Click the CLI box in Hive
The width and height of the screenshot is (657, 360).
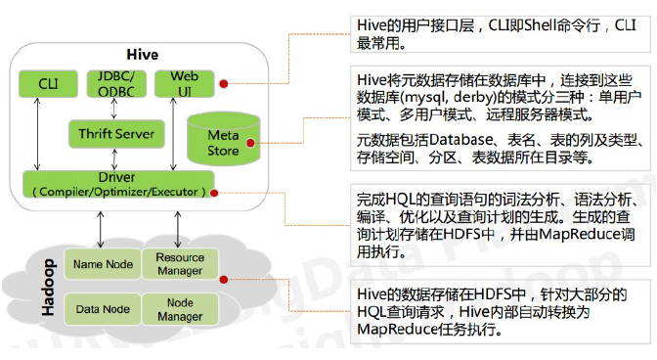point(48,84)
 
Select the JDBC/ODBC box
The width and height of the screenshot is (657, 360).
point(114,83)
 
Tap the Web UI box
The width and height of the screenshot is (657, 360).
point(184,83)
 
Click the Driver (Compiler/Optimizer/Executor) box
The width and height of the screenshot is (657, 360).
point(117,185)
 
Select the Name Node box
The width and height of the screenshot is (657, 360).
point(103,263)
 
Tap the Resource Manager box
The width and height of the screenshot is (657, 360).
point(180,263)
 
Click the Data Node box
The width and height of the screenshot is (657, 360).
point(103,309)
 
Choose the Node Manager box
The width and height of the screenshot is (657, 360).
point(180,309)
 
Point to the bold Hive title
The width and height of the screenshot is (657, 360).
point(143,53)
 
